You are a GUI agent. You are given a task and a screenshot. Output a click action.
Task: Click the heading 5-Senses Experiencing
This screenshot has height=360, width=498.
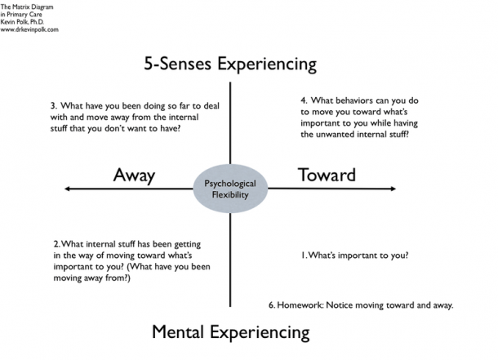point(229,63)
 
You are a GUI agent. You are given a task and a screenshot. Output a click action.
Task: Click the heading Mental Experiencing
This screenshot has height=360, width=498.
point(231,332)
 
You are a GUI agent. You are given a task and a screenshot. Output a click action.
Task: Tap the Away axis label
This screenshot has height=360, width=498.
point(134,175)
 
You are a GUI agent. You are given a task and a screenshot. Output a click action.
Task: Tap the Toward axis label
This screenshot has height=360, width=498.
point(327,174)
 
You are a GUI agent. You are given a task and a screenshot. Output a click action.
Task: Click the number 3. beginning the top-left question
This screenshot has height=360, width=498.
point(53,106)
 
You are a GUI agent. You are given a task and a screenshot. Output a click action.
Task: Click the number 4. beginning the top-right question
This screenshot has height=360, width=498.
point(303,100)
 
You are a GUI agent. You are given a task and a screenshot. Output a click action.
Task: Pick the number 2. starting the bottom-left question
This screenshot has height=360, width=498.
point(56,244)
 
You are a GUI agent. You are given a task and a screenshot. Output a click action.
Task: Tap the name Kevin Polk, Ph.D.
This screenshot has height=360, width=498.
point(23,21)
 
